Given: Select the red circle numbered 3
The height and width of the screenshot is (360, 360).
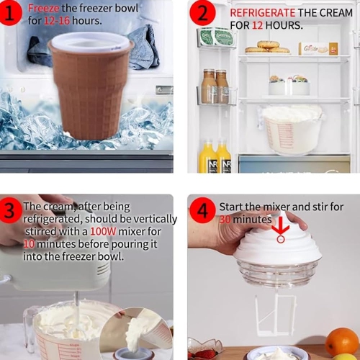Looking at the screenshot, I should [9, 211].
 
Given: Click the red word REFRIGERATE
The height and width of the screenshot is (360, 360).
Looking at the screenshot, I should [261, 13].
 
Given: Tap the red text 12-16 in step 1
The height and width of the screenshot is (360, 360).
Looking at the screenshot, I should [57, 21].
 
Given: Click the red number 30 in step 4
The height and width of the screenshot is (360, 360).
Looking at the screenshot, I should [228, 219].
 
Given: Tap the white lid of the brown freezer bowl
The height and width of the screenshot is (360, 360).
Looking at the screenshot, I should [90, 42].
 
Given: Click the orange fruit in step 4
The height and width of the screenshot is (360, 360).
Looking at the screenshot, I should [342, 341].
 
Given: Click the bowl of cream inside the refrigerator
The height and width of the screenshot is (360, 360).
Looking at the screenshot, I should [292, 130].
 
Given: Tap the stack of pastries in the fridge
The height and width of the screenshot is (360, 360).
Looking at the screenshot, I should [268, 47].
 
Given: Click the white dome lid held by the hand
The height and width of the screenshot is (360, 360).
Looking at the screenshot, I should [277, 245].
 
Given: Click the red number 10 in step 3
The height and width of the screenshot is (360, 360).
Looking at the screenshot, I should [30, 243].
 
